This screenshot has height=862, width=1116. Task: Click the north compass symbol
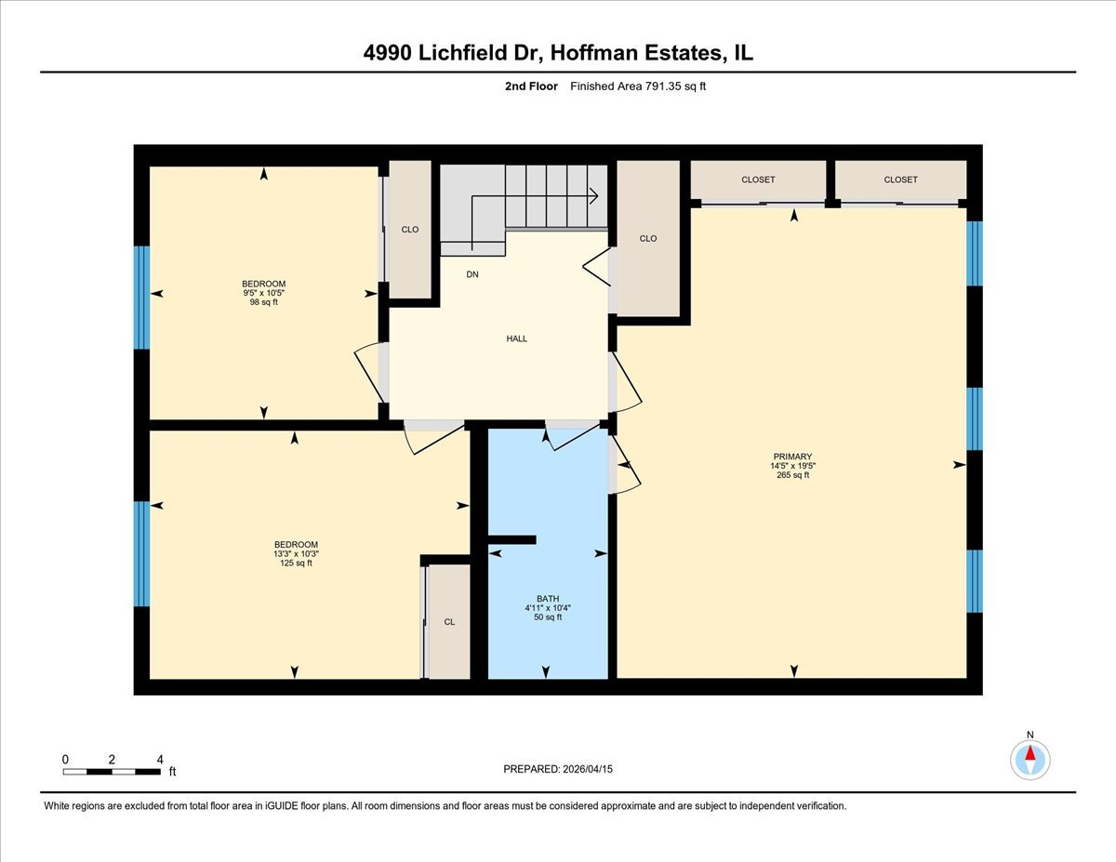pyautogui.click(x=1030, y=759)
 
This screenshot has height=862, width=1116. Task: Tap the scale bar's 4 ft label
pyautogui.click(x=160, y=760)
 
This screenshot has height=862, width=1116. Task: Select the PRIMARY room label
pyautogui.click(x=791, y=457)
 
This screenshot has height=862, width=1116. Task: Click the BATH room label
pyautogui.click(x=547, y=598)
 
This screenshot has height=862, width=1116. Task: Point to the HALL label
pyautogui.click(x=516, y=338)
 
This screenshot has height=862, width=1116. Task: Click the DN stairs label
pyautogui.click(x=472, y=274)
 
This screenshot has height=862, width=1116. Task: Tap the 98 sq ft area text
pyautogui.click(x=263, y=302)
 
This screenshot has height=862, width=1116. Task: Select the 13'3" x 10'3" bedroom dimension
pyautogui.click(x=296, y=553)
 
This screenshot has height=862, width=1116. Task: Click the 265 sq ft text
pyautogui.click(x=792, y=475)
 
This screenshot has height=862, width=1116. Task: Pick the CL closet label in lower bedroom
pyautogui.click(x=449, y=622)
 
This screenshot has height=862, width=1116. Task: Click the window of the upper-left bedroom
pyautogui.click(x=141, y=297)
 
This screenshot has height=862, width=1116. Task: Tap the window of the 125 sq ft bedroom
pyautogui.click(x=141, y=553)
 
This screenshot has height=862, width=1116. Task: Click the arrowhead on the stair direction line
pyautogui.click(x=593, y=196)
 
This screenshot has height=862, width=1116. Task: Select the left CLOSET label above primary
pyautogui.click(x=758, y=179)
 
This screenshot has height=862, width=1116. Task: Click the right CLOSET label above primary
pyautogui.click(x=900, y=179)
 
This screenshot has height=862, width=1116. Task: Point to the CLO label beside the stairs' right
pyautogui.click(x=648, y=238)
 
